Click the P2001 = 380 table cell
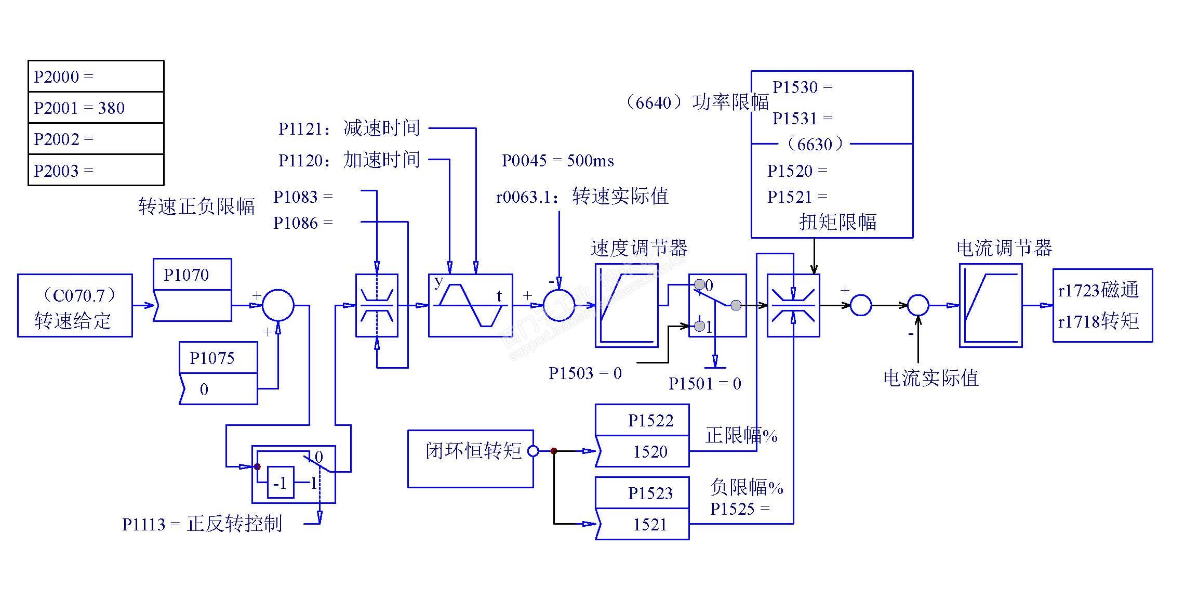pyautogui.click(x=96, y=108)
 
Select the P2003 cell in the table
pyautogui.click(x=96, y=170)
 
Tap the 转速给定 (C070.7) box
pyautogui.click(x=75, y=306)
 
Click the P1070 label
pyautogui.click(x=187, y=275)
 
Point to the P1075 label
pyautogui.click(x=212, y=358)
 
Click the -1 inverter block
pyautogui.click(x=281, y=483)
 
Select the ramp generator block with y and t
pyautogui.click(x=470, y=306)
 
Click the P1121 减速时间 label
pyautogui.click(x=349, y=128)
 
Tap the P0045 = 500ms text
pyautogui.click(x=557, y=160)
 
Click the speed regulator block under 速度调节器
pyautogui.click(x=627, y=306)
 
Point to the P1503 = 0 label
pyautogui.click(x=585, y=373)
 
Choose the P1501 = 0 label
pyautogui.click(x=704, y=384)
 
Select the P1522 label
pyautogui.click(x=650, y=420)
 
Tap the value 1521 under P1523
pyautogui.click(x=650, y=524)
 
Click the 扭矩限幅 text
pyautogui.click(x=837, y=222)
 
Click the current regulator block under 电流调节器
pyautogui.click(x=990, y=306)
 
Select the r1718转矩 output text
pyautogui.click(x=1098, y=321)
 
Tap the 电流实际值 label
pyautogui.click(x=930, y=378)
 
